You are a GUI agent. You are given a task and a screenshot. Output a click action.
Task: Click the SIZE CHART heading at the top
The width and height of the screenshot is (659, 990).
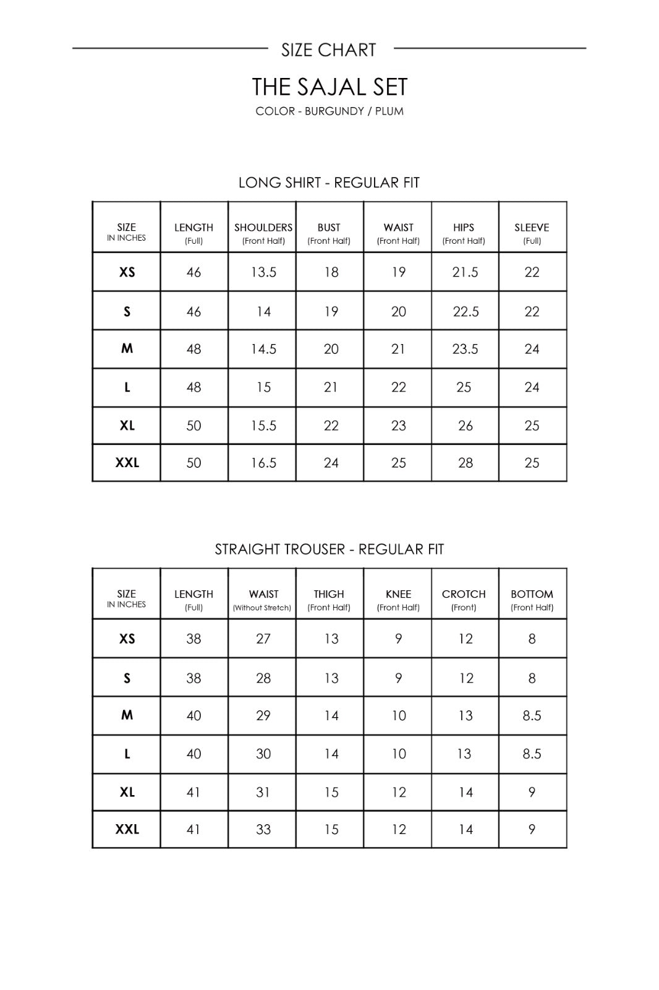coord(328,49)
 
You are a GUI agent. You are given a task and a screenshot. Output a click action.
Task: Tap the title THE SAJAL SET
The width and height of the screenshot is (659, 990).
coord(329,87)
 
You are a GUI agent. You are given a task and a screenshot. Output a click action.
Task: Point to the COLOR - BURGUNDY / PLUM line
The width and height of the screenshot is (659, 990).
coord(329,111)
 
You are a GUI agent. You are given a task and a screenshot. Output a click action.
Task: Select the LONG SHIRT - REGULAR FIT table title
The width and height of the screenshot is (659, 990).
coord(329,183)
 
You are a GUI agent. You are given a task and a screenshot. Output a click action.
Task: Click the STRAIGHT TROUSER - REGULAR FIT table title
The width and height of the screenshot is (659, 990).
coord(329,549)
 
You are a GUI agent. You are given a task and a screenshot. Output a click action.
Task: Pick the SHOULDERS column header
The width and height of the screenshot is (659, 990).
coord(263,228)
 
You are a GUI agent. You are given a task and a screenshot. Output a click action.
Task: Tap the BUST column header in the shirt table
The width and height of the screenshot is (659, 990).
coord(329,228)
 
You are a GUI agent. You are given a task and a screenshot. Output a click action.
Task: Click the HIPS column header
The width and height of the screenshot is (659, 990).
coord(464,228)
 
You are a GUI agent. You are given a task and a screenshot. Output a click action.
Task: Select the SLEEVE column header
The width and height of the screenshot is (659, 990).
coord(532,228)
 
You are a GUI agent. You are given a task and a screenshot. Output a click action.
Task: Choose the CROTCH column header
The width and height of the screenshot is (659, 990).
coord(464,594)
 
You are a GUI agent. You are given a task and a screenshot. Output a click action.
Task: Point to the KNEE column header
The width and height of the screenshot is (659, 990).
coord(398,594)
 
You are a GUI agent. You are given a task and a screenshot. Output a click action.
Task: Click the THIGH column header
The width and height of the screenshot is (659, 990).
coord(329,594)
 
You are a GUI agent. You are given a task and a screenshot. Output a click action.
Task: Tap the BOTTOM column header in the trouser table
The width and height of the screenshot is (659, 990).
coord(532,594)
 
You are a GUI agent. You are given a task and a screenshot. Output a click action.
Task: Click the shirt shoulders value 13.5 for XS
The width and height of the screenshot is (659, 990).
coord(263,272)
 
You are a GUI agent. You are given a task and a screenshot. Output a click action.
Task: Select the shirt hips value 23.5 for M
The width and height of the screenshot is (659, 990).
coord(465,349)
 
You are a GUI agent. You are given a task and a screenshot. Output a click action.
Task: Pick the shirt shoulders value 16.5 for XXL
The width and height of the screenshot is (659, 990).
coord(263,463)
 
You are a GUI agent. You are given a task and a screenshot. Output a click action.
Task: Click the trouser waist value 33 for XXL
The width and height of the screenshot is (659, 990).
coord(263,829)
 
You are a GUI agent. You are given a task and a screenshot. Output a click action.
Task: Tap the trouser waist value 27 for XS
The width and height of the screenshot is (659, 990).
coord(263,639)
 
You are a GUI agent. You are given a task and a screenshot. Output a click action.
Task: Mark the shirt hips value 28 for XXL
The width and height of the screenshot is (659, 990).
coord(466,463)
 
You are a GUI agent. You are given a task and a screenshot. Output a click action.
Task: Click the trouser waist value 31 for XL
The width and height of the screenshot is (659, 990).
coord(263,792)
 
